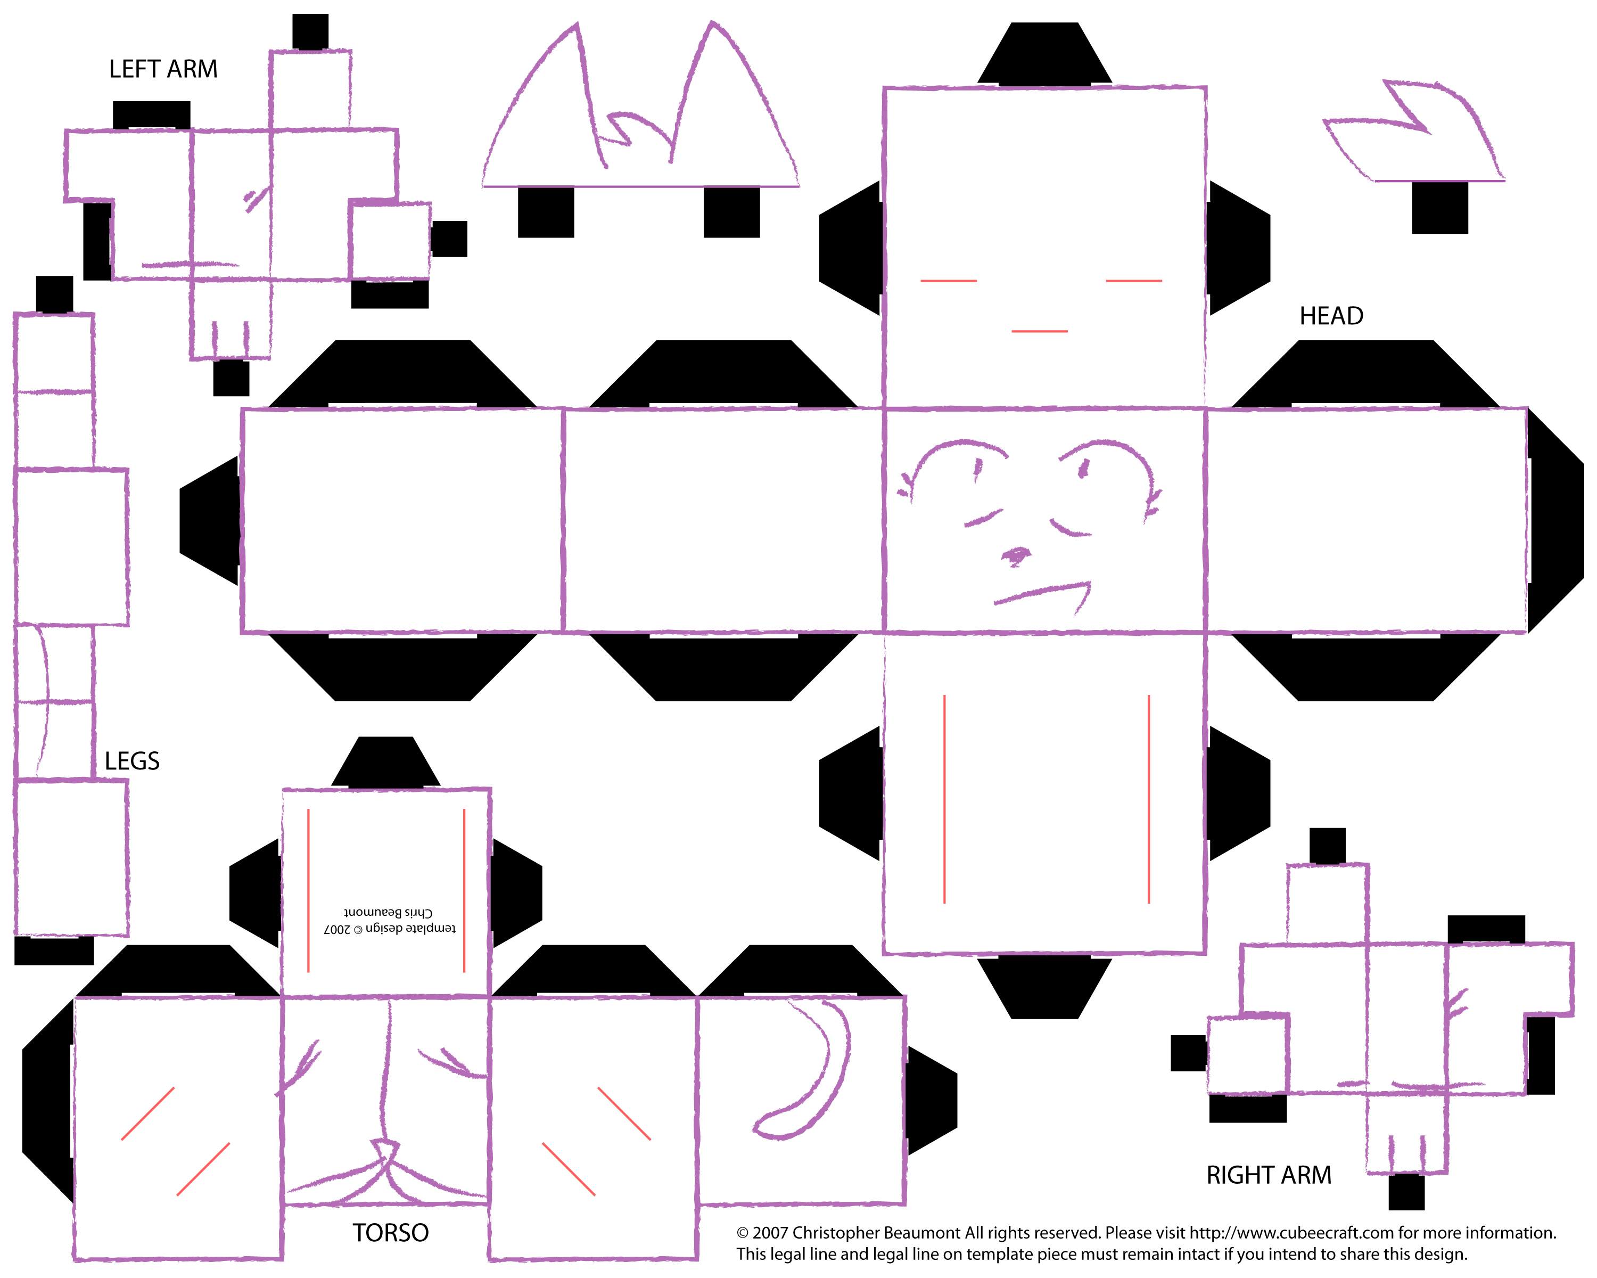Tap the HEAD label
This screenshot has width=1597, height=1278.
tap(1331, 316)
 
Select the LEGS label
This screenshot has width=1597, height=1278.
tap(132, 761)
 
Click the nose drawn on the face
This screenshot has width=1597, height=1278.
tap(1016, 555)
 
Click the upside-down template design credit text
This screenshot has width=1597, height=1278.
tap(390, 920)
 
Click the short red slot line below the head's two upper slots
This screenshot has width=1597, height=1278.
tap(1039, 331)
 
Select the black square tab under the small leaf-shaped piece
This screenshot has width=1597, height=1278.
tap(1439, 208)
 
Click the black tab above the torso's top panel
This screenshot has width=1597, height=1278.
tap(386, 763)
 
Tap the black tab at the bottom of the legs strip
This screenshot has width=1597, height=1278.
tap(54, 951)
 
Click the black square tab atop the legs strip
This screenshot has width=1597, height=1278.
tap(54, 295)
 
